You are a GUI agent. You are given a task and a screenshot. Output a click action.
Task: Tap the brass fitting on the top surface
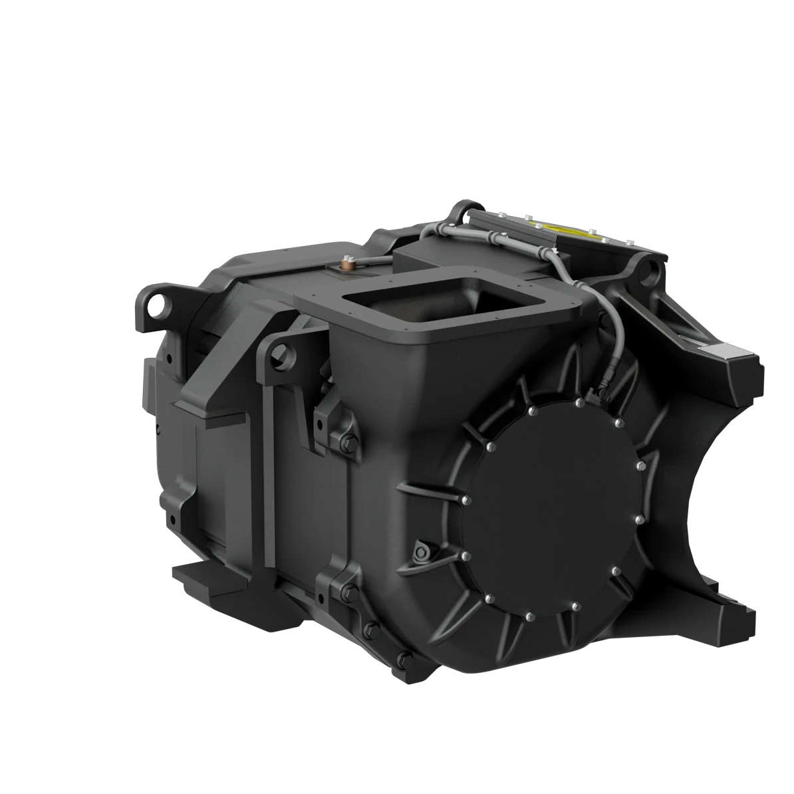click(x=347, y=265)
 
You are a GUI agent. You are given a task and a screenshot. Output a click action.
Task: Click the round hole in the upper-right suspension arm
click(x=646, y=270)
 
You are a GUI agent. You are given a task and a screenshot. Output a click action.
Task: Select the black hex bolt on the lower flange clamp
click(x=348, y=590)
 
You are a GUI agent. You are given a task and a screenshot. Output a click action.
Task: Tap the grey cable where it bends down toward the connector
click(x=602, y=305)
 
